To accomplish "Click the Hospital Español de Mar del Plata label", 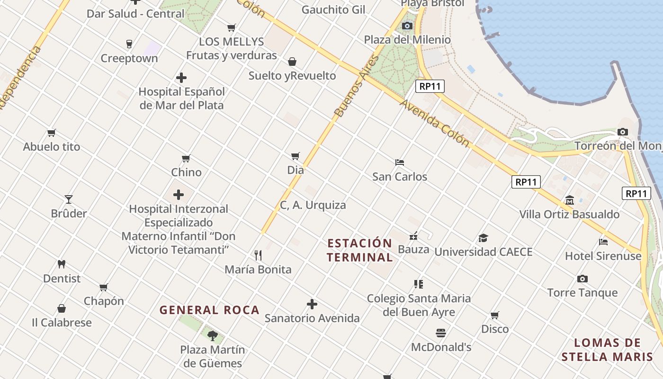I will pyautogui.click(x=181, y=98).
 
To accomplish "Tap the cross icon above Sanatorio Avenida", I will pyautogui.click(x=312, y=304).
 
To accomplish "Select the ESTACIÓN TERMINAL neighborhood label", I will pyautogui.click(x=360, y=250).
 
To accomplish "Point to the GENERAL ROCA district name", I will pyautogui.click(x=209, y=310).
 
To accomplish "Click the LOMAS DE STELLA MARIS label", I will pyautogui.click(x=607, y=350).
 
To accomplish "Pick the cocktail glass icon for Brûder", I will pyautogui.click(x=69, y=199).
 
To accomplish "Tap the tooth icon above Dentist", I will pyautogui.click(x=62, y=264).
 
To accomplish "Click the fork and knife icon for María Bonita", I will pyautogui.click(x=258, y=255).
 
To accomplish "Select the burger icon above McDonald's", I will pyautogui.click(x=441, y=333).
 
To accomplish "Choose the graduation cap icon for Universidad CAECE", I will pyautogui.click(x=483, y=238).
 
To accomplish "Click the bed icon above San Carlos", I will pyautogui.click(x=400, y=162).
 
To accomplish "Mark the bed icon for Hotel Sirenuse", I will pyautogui.click(x=603, y=242).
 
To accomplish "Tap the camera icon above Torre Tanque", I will pyautogui.click(x=582, y=279).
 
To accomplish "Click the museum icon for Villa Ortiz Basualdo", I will pyautogui.click(x=569, y=200).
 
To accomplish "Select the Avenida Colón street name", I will pyautogui.click(x=435, y=123).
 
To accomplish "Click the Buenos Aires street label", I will pyautogui.click(x=357, y=86).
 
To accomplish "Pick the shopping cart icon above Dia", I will pyautogui.click(x=296, y=156).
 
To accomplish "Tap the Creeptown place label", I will pyautogui.click(x=129, y=58).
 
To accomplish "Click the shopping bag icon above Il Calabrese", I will pyautogui.click(x=62, y=309).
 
